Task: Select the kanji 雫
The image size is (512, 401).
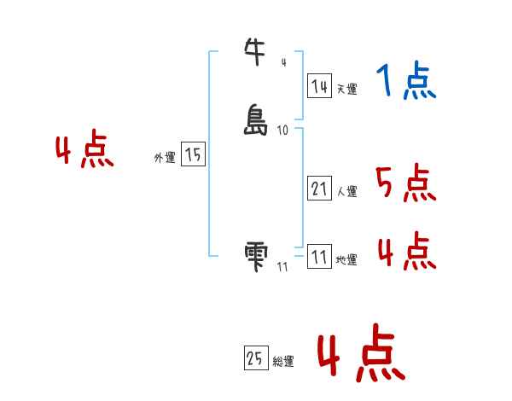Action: (256, 255)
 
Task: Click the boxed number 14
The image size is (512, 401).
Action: (319, 86)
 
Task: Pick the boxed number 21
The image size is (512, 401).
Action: (319, 189)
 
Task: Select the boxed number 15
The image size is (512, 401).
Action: (193, 154)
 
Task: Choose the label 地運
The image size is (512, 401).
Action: (346, 260)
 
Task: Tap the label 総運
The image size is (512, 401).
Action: (283, 362)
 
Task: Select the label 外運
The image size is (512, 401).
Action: (164, 158)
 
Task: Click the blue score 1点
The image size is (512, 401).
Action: (406, 83)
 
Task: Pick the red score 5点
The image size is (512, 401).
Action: (406, 184)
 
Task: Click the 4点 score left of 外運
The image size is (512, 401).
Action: (84, 152)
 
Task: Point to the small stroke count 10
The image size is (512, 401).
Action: (282, 131)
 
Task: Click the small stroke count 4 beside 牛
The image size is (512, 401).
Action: (283, 62)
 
